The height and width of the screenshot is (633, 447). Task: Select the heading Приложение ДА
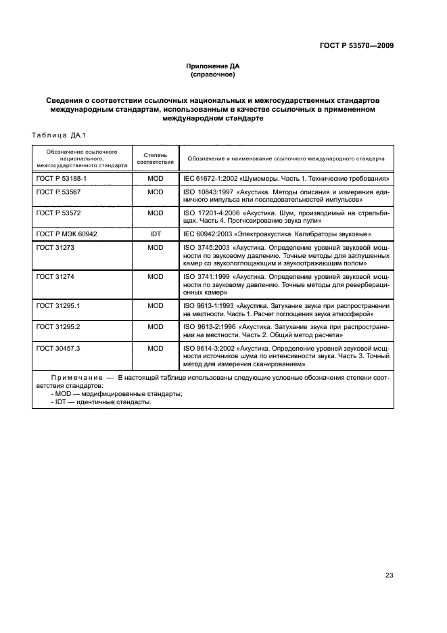click(x=213, y=66)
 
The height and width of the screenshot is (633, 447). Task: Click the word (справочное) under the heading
click(x=213, y=74)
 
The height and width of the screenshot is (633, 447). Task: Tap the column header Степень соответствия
click(x=156, y=158)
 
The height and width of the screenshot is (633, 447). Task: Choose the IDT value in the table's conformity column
click(x=156, y=233)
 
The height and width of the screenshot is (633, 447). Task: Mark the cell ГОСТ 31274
click(x=53, y=276)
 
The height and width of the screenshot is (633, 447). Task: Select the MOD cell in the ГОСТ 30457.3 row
click(x=156, y=347)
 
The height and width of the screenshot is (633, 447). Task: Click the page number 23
click(x=389, y=575)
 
